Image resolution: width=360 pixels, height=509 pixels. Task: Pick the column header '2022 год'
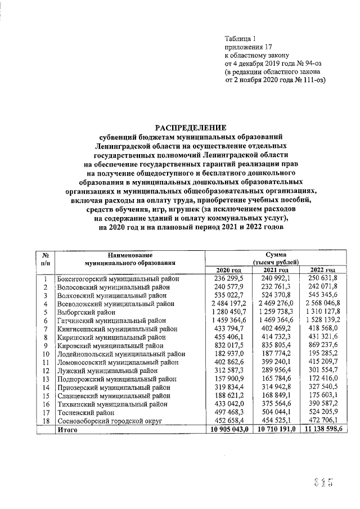tap(323, 271)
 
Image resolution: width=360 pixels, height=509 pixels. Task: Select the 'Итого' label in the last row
tap(66, 430)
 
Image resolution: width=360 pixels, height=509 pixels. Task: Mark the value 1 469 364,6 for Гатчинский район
tap(276, 319)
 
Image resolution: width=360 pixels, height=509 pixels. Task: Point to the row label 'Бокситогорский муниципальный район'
tap(118, 278)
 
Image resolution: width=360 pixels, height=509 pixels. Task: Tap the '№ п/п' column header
tap(45, 258)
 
